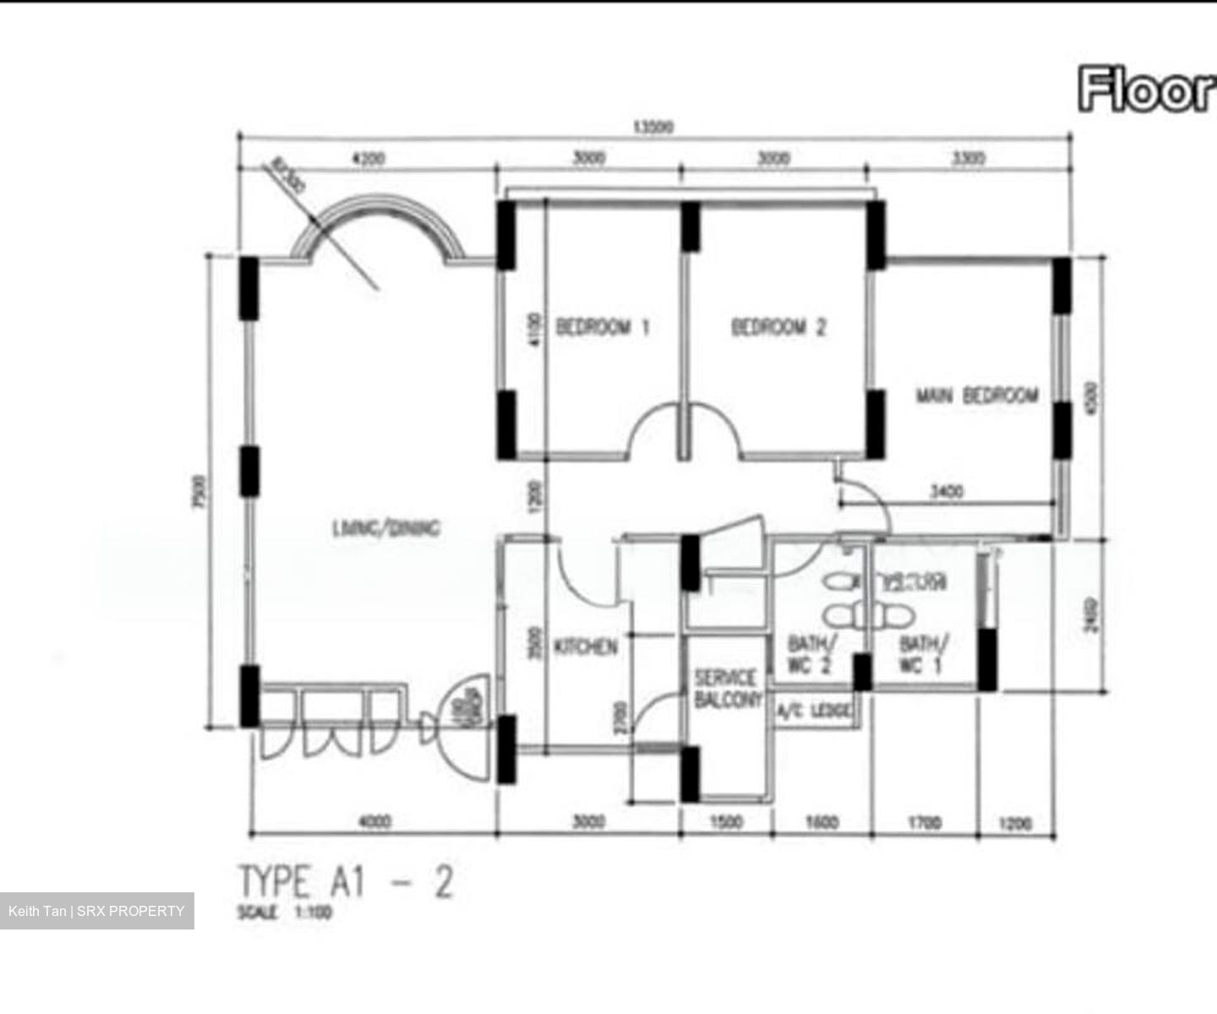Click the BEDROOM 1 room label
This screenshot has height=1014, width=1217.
click(603, 327)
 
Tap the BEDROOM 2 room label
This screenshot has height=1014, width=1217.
click(778, 327)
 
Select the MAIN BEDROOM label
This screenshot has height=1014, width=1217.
click(978, 395)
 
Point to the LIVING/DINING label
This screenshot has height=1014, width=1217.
click(385, 529)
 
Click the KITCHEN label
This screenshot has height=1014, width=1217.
click(586, 647)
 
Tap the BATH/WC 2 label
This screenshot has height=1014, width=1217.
click(810, 655)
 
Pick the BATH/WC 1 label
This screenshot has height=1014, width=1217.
click(923, 655)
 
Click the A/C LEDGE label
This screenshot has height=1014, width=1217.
click(814, 711)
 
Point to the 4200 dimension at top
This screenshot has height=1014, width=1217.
click(368, 158)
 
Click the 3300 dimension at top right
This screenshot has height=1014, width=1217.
click(969, 158)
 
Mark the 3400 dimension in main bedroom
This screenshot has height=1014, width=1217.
click(947, 491)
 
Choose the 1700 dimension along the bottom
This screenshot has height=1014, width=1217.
click(924, 822)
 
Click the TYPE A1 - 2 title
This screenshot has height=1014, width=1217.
click(347, 882)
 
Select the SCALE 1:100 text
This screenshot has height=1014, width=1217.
click(286, 913)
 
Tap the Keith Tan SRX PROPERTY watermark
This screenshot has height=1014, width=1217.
click(96, 911)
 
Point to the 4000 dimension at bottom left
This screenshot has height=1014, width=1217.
click(374, 821)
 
